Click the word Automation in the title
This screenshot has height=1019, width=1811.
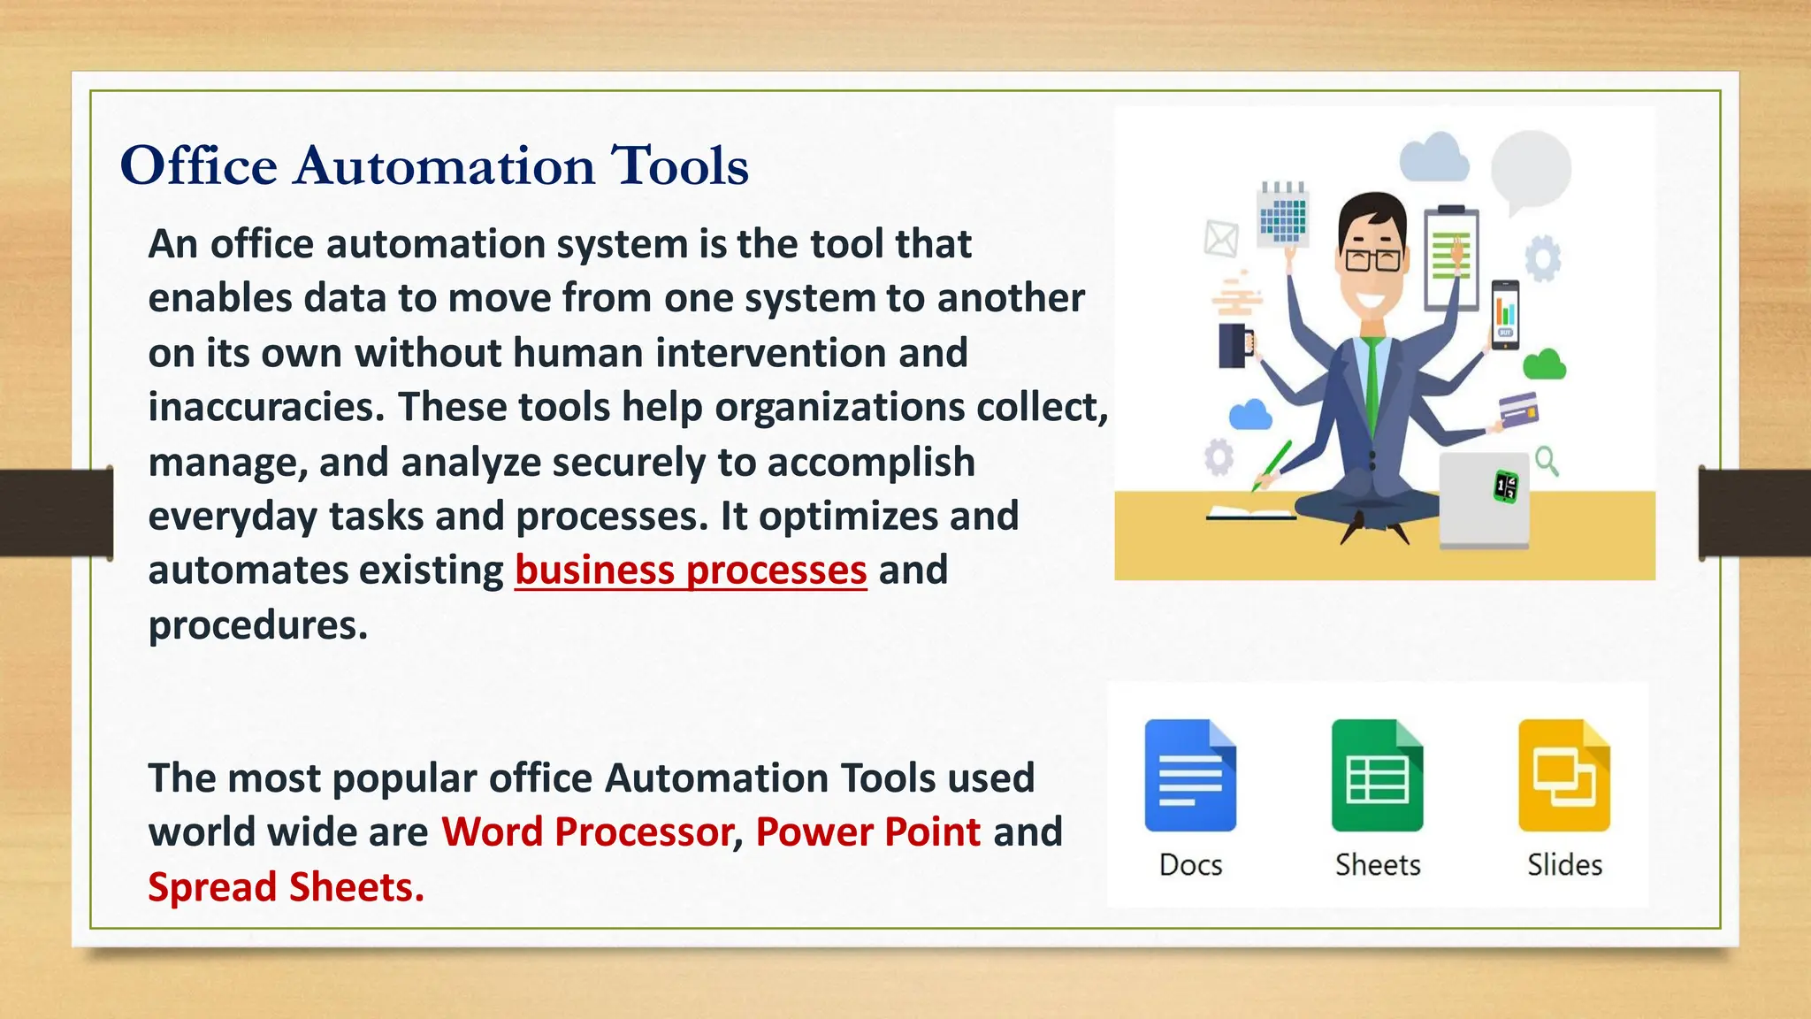[x=445, y=165]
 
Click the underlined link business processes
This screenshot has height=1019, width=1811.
[x=691, y=571]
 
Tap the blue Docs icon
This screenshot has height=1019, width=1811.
[x=1190, y=776]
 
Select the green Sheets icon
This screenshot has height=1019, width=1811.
[x=1377, y=776]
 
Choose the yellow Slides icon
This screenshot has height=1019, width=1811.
[x=1563, y=776]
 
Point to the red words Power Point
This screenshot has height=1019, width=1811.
[x=867, y=832]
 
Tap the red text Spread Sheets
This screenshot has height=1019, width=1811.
[x=286, y=887]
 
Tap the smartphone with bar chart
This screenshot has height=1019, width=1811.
[x=1505, y=315]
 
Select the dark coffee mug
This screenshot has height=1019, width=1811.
[x=1233, y=345]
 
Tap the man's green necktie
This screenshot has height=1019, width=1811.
[x=1372, y=389]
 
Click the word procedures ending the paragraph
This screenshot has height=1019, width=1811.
[x=257, y=625]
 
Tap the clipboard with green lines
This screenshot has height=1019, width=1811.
[x=1450, y=257]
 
